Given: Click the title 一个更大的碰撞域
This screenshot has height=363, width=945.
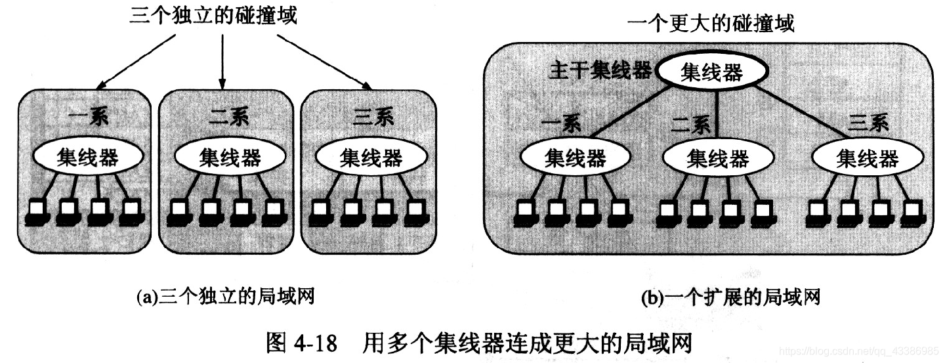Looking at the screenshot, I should (710, 24).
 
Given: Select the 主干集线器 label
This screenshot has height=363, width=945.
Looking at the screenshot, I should (600, 71).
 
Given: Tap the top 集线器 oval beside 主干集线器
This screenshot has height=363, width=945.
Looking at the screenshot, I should (712, 72).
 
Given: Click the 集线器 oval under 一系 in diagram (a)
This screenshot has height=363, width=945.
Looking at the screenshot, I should (88, 158).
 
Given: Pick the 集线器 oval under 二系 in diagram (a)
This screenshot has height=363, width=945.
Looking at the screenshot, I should (230, 158).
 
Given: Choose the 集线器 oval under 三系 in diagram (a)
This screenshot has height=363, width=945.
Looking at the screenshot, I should (371, 158).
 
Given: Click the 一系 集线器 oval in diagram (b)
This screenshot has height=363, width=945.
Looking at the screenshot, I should (576, 158).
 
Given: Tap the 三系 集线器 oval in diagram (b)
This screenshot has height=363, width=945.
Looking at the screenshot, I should (867, 158).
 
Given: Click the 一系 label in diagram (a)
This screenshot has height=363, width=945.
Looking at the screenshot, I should (88, 120).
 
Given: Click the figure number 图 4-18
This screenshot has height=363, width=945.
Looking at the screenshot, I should (301, 343).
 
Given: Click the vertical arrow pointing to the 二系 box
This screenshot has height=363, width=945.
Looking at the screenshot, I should (222, 59).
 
